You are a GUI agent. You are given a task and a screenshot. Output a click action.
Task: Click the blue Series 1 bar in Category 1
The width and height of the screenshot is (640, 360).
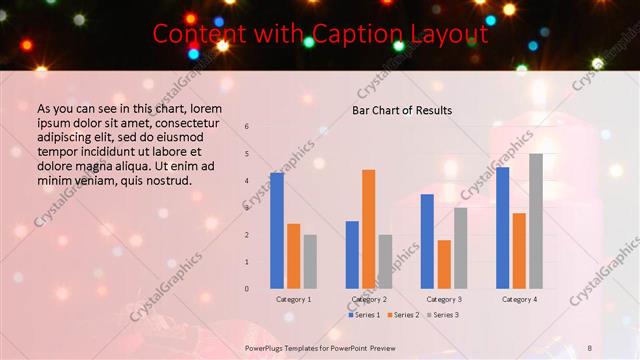277,231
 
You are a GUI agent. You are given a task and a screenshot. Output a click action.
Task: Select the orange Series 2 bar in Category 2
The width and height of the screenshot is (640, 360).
368,229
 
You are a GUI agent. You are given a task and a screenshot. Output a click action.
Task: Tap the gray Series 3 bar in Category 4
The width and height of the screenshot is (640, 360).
536,221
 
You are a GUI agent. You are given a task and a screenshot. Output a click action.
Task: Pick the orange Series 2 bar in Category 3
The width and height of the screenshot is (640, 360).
444,264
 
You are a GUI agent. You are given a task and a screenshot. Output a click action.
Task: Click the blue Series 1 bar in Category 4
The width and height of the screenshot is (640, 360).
502,228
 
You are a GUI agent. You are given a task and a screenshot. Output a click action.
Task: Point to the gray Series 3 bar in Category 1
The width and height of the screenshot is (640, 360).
310,262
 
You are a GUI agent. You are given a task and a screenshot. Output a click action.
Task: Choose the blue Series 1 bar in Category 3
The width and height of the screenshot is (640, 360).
427,241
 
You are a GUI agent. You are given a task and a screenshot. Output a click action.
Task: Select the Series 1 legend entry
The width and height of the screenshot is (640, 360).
365,315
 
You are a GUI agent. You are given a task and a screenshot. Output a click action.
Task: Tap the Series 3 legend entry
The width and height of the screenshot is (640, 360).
443,315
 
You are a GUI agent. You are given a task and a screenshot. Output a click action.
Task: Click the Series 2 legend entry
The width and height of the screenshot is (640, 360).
404,315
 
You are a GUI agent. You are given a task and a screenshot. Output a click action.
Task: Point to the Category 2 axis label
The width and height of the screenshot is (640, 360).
369,299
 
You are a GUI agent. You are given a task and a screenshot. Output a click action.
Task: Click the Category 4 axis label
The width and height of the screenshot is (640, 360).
519,299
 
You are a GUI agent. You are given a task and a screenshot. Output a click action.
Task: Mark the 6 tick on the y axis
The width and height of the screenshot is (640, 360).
247,126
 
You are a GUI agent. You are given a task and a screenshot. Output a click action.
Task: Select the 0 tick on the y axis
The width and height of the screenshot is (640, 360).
247,289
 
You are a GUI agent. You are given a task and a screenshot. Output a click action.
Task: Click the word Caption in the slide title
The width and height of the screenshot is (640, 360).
349,34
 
